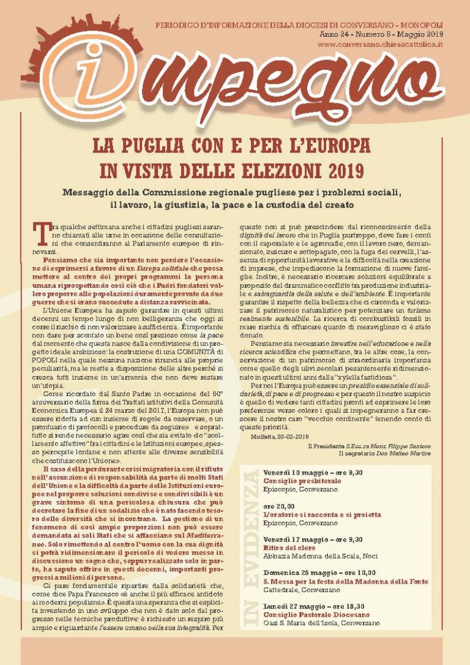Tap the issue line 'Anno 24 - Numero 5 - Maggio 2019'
[381, 36]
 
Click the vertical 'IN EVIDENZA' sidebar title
[249, 539]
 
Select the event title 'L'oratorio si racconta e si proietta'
[322, 515]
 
